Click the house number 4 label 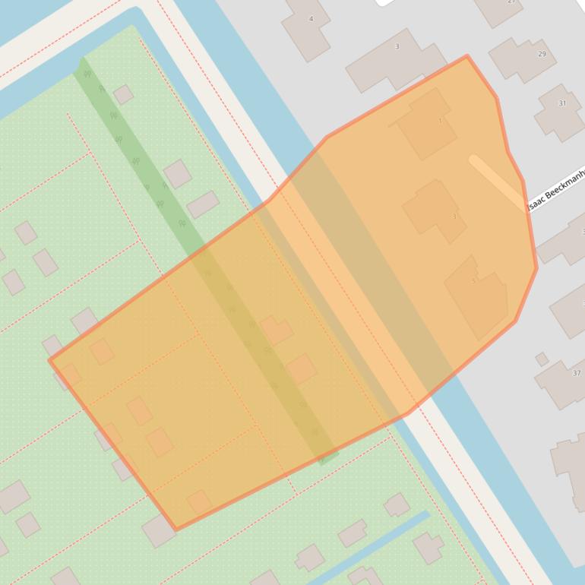pyautogui.click(x=311, y=18)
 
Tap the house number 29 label pyautogui.click(x=542, y=54)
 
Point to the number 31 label pyautogui.click(x=562, y=103)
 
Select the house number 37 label pyautogui.click(x=576, y=373)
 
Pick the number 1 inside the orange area pyautogui.click(x=440, y=121)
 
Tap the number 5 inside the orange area pyautogui.click(x=473, y=281)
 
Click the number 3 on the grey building pyautogui.click(x=397, y=47)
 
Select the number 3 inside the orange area pyautogui.click(x=454, y=217)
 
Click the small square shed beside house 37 pyautogui.click(x=542, y=359)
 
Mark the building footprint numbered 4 pyautogui.click(x=305, y=29)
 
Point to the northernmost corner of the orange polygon pyautogui.click(x=466, y=56)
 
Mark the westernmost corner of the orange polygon pyautogui.click(x=50, y=359)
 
